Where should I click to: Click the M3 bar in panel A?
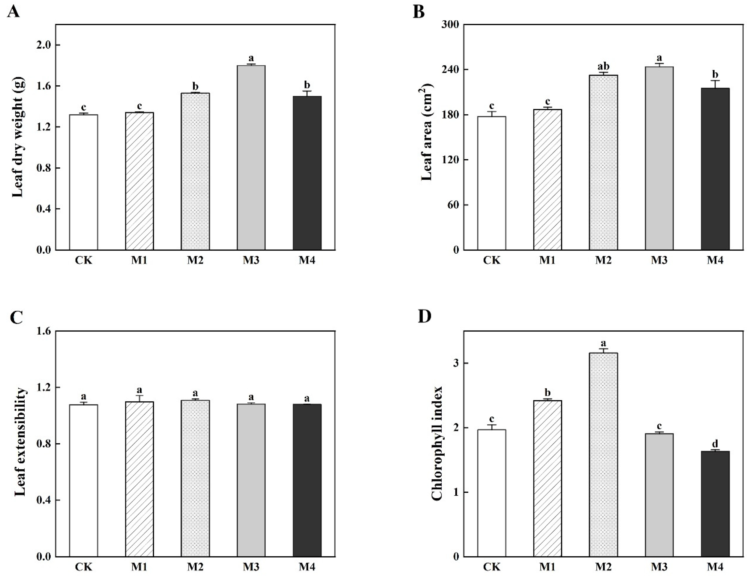click(x=251, y=157)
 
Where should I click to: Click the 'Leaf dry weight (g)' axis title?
click(x=18, y=137)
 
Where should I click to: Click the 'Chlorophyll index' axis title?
click(x=437, y=444)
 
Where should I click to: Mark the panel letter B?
click(x=419, y=13)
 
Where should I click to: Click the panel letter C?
click(x=16, y=317)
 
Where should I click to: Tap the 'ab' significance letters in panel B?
click(x=603, y=67)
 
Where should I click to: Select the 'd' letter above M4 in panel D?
click(x=715, y=444)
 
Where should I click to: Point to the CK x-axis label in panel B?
click(x=492, y=260)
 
